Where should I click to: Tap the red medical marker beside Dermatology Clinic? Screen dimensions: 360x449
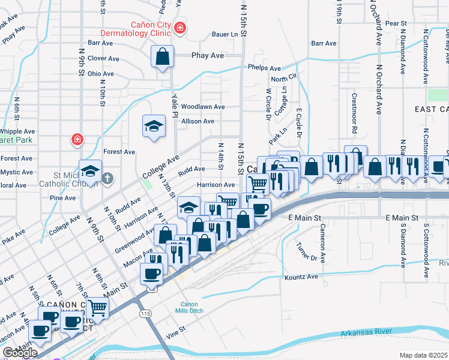(180, 28)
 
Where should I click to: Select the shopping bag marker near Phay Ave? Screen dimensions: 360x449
(162, 57)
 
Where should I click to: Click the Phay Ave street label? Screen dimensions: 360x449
(207, 55)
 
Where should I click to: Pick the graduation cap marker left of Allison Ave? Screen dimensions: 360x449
(154, 126)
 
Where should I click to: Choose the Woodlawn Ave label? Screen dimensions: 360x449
(203, 107)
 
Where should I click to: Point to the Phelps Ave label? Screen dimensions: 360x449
(265, 68)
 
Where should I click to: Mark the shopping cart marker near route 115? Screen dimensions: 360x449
(97, 308)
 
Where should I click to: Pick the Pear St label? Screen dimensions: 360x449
(397, 23)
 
